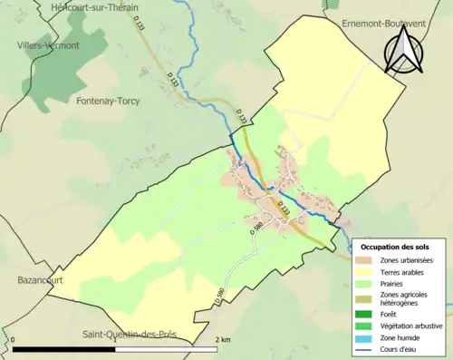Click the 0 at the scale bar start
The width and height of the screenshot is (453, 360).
click(x=14, y=339)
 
